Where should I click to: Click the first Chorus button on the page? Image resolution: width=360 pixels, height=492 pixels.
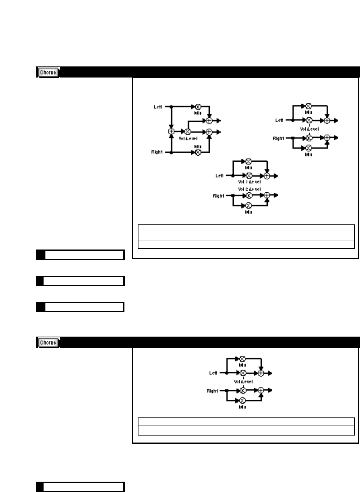48,72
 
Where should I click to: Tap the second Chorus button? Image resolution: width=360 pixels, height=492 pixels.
48,343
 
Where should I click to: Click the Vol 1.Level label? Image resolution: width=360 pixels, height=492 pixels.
249,182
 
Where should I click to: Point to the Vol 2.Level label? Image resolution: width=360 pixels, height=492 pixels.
249,189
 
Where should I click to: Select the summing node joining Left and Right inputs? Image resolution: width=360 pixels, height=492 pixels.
171,131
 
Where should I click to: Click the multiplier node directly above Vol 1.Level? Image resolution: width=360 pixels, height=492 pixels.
249,176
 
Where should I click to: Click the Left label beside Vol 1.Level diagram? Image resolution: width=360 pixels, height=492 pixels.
219,176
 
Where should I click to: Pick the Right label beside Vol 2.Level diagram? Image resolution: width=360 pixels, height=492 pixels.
218,196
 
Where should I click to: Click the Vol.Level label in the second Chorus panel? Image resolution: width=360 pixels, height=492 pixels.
243,382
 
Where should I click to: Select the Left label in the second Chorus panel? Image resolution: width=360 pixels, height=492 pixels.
213,373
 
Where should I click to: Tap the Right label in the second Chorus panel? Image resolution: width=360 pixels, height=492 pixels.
212,391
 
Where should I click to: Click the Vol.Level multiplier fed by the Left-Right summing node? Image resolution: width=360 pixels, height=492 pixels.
187,131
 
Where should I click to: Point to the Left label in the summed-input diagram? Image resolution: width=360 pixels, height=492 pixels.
158,107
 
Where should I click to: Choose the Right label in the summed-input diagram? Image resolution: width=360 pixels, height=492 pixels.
157,152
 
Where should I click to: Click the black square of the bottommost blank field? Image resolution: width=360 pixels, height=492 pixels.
40,487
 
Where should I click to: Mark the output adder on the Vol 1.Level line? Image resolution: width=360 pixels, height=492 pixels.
267,176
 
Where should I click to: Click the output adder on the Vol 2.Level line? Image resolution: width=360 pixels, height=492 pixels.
267,195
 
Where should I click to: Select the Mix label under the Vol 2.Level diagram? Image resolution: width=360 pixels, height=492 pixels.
248,212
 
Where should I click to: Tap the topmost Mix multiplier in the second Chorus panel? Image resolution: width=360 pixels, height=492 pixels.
243,358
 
